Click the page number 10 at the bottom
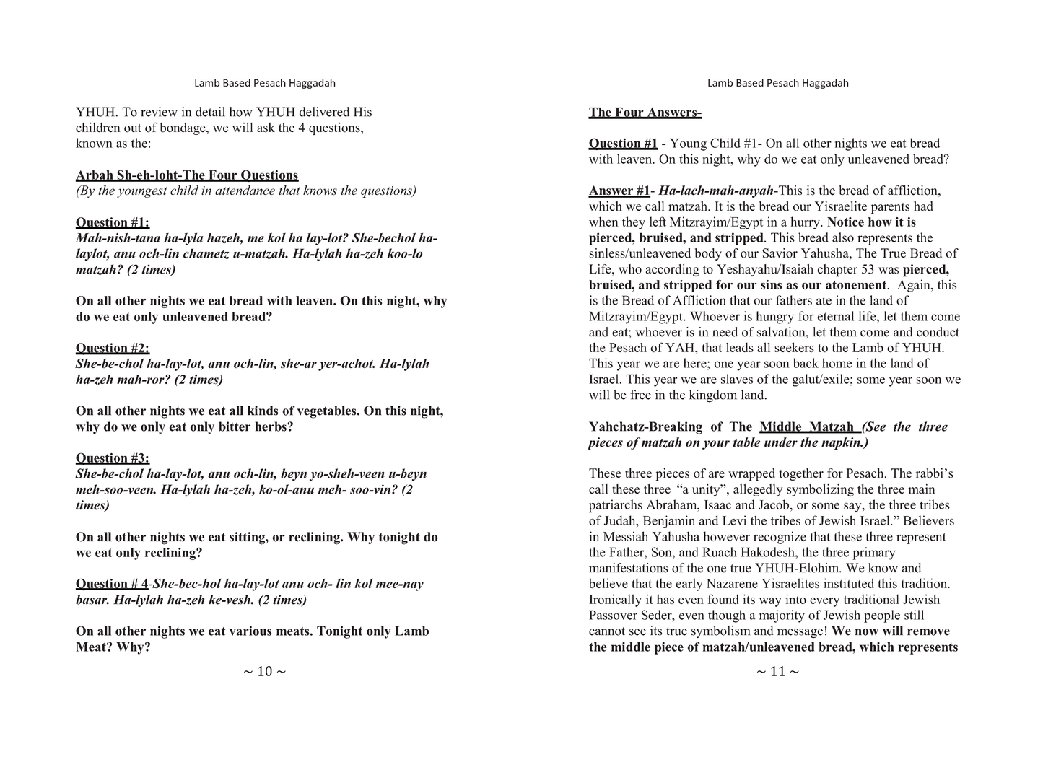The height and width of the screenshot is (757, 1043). pyautogui.click(x=264, y=672)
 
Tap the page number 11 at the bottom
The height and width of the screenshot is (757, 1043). pyautogui.click(x=777, y=672)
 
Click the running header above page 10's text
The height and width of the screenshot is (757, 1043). pyautogui.click(x=264, y=83)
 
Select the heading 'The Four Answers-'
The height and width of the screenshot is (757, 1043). pyautogui.click(x=645, y=113)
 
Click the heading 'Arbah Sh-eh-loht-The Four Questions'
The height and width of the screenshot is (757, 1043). pyautogui.click(x=186, y=175)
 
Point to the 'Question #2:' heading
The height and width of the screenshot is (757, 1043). pyautogui.click(x=112, y=349)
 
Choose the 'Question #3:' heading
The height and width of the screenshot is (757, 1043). pyautogui.click(x=112, y=458)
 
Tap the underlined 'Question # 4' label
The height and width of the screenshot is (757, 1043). pyautogui.click(x=112, y=584)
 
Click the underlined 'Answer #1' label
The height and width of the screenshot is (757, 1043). pyautogui.click(x=619, y=191)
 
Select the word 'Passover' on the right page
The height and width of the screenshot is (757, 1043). pyautogui.click(x=614, y=616)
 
